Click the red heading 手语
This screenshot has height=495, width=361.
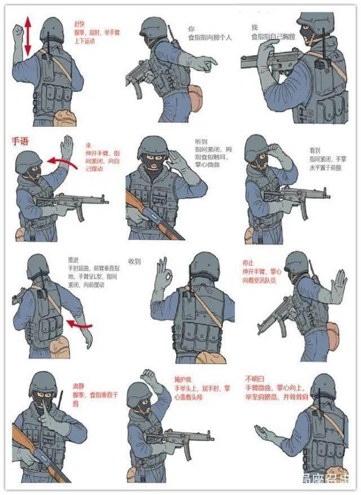coord(20,142)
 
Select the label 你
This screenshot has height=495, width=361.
coord(191,28)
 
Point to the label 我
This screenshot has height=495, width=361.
coord(254,28)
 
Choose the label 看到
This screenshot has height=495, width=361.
coord(314,151)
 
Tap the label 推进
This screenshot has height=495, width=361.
coord(73,260)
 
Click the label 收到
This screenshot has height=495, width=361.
coord(134,262)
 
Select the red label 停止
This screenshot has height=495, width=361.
coord(247,263)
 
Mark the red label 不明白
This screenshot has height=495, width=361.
coord(252,378)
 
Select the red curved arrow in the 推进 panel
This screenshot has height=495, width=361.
coord(78,324)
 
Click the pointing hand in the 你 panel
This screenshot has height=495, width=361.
coord(209,63)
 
